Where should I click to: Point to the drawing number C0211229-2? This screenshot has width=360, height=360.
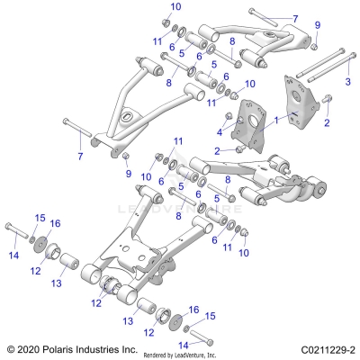(319, 348)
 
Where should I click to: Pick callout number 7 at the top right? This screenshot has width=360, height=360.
(294, 18)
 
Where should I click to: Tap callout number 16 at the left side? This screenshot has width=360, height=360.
(55, 223)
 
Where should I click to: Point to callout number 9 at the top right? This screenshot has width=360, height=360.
(317, 24)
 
